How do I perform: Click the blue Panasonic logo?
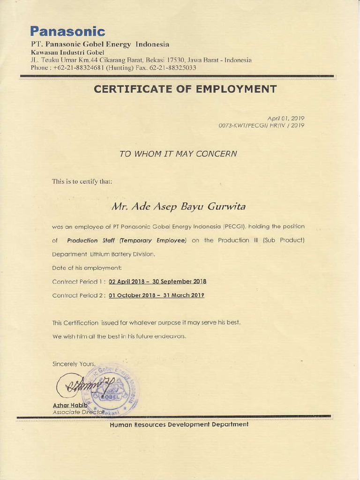point(67,31)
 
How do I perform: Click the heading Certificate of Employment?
point(185,89)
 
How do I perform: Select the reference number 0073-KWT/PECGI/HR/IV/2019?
point(262,126)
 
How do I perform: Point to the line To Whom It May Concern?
point(178,153)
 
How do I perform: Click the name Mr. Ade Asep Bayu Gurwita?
point(178,206)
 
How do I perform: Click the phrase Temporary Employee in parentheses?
point(153,240)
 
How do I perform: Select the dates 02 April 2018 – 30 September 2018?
point(157,282)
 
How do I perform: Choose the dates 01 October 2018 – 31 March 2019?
point(157,296)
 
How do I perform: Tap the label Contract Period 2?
point(78,296)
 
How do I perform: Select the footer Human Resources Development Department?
point(179,424)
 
